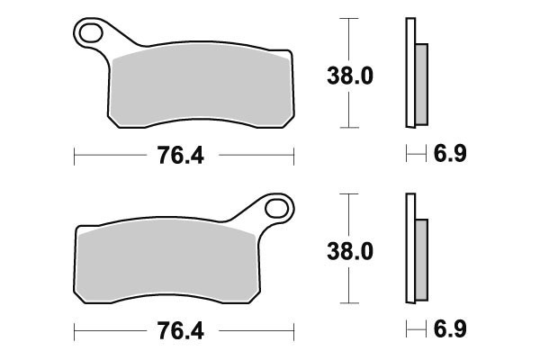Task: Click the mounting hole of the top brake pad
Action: point(90,34)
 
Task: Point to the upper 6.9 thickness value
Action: point(450,156)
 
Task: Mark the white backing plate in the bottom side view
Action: point(410,247)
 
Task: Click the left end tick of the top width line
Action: point(73,156)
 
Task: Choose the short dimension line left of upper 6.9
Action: point(415,156)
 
